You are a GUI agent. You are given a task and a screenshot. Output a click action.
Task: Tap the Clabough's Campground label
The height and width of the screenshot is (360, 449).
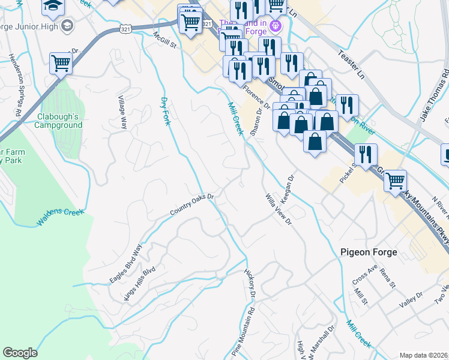[58, 121]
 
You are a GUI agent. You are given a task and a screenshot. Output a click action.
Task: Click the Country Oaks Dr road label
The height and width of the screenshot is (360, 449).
[192, 204]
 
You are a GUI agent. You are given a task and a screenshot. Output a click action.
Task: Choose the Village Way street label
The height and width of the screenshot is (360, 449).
[122, 112]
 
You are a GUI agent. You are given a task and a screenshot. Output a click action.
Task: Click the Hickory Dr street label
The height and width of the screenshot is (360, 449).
[250, 284]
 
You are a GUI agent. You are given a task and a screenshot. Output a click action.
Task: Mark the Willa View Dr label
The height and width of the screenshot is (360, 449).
[279, 208]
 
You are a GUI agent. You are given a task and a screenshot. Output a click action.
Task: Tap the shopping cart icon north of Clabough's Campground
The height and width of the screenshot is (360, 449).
[61, 62]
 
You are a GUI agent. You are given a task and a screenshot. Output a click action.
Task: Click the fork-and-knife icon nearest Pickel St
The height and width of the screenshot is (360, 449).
[366, 154]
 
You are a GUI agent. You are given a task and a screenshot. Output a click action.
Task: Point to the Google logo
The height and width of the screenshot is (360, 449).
[20, 353]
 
